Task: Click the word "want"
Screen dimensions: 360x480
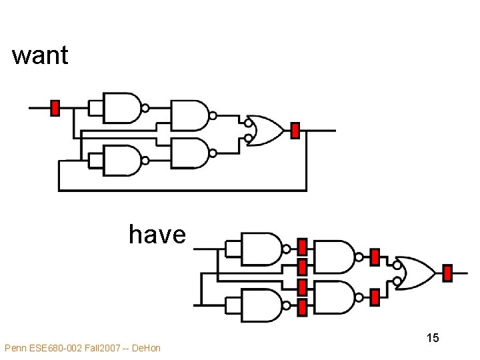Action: point(40,55)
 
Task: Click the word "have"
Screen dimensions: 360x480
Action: point(157,235)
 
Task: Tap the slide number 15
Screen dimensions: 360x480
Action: point(433,338)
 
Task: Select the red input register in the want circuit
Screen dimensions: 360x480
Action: point(55,107)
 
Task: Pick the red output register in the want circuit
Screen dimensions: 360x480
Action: point(295,131)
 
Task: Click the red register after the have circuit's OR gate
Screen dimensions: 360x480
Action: point(447,273)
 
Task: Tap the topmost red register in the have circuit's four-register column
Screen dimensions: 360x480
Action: point(302,247)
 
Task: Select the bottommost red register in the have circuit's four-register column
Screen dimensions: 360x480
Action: point(302,307)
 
